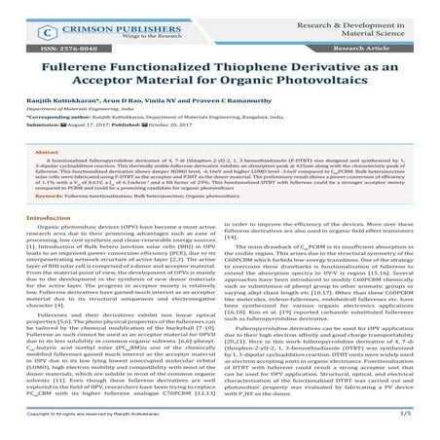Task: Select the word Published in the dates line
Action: pos(135,152)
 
